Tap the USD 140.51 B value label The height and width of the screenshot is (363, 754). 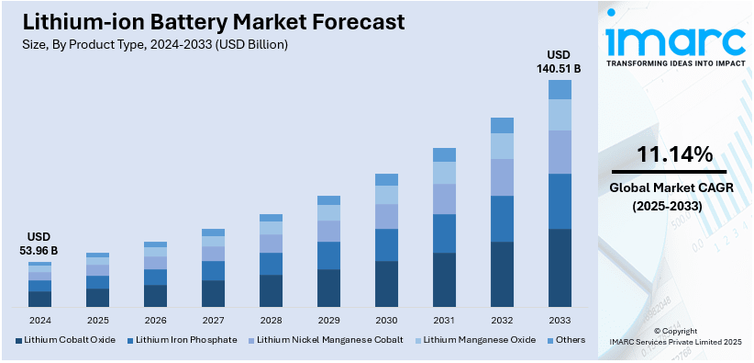coord(560,61)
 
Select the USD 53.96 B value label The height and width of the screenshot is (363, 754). coord(39,244)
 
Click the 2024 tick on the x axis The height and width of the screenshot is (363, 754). coord(39,321)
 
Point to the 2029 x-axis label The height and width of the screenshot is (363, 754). coord(328,321)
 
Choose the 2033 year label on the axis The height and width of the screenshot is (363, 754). coord(560,321)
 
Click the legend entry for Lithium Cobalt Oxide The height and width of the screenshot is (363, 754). coord(64,340)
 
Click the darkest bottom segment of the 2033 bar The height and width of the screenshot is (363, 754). coord(560,267)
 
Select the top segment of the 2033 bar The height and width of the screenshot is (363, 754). coord(560,89)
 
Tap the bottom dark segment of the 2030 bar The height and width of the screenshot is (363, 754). coord(386,284)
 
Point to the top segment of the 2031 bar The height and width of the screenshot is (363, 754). coord(444,154)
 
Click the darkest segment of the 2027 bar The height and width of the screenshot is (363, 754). coord(213,293)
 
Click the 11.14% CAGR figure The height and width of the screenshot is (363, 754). coord(675,155)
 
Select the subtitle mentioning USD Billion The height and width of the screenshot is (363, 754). coord(151,44)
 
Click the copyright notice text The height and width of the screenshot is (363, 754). coord(675,335)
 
